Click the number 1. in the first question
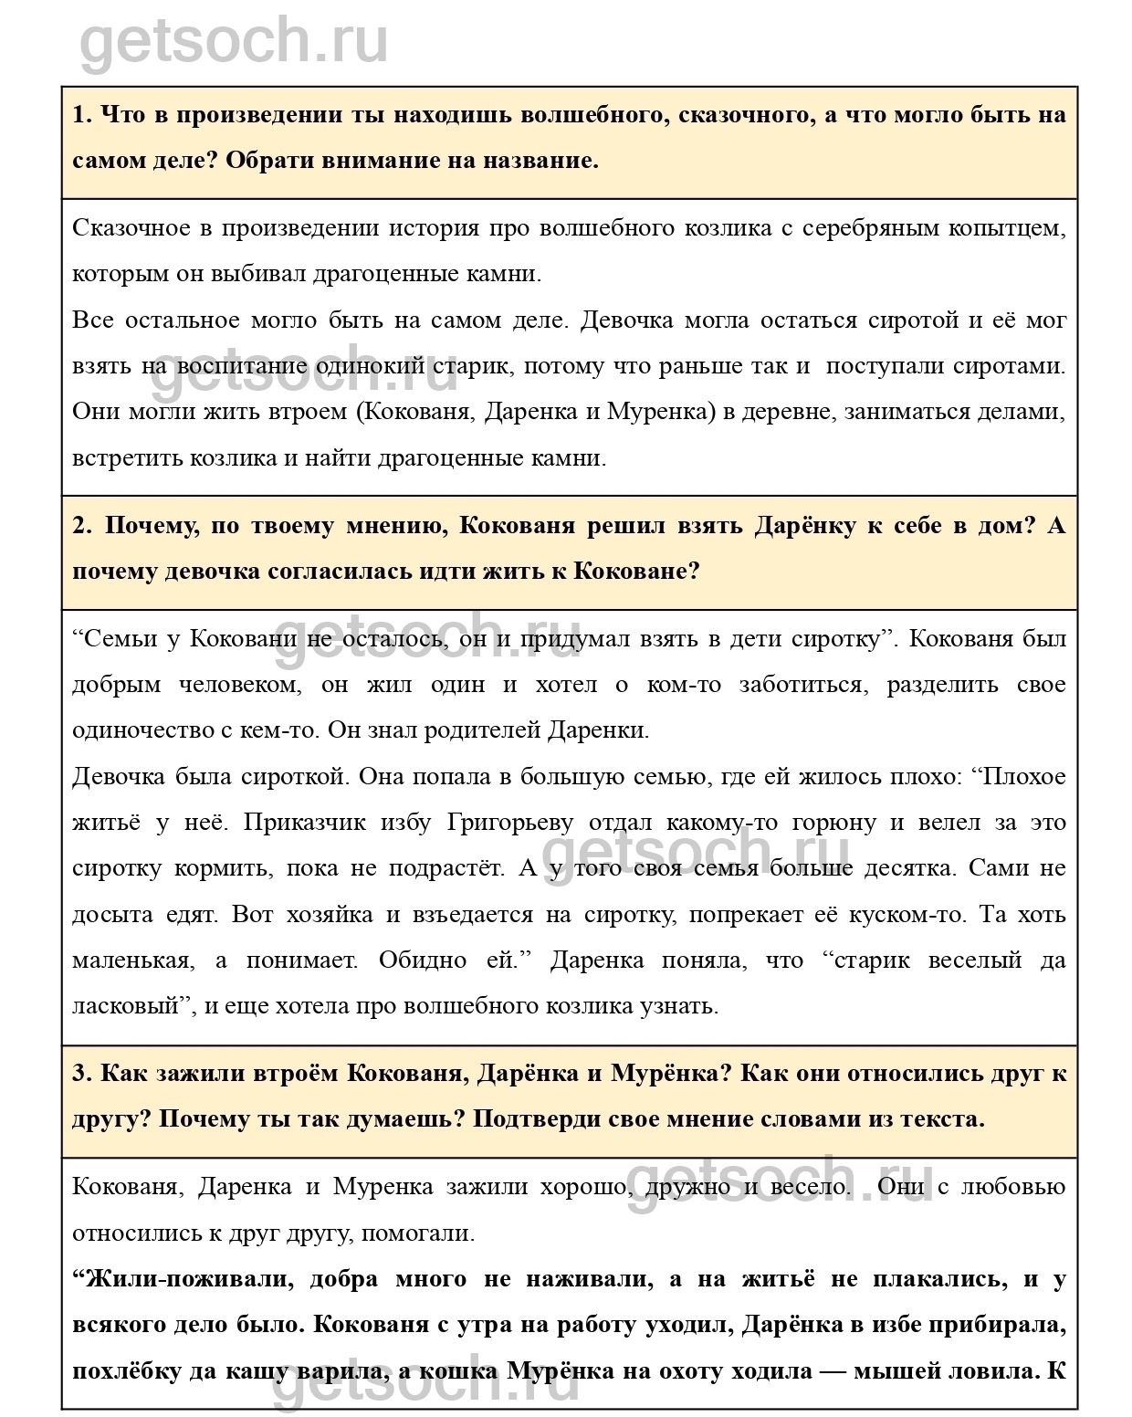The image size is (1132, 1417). (x=82, y=115)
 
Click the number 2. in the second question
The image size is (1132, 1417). (x=82, y=526)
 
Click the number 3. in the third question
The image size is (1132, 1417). (x=82, y=1073)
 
